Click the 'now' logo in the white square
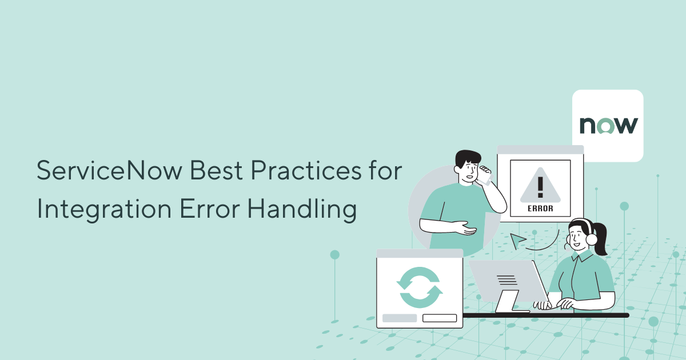click(608, 125)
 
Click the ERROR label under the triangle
click(540, 209)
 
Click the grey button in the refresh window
click(400, 318)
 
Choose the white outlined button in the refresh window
click(439, 318)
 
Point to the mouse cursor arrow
click(518, 240)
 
